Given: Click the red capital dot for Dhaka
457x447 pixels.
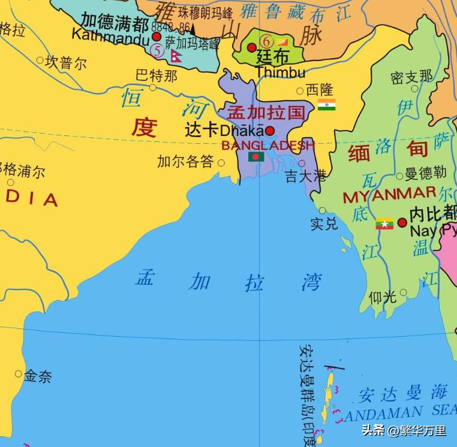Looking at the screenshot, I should coord(270,131).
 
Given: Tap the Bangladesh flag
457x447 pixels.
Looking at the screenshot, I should coord(256,156).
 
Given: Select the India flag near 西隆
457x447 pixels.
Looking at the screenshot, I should coord(327,105).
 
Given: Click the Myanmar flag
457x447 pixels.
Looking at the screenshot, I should coord(384,223).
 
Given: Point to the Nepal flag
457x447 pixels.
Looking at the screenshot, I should coord(176,56).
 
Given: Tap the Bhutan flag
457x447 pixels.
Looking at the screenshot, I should coord(283,42).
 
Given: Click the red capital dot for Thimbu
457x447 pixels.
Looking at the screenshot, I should coord(252,47).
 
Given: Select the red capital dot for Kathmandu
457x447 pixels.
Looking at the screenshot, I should coord(157,37).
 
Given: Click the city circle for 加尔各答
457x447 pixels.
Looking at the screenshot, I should coord(221,162).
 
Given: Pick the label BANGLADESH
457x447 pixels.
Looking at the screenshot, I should coord(267,145).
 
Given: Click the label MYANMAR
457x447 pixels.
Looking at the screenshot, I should coord(389,195).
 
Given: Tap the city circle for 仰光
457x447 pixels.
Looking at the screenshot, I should coord(403,293).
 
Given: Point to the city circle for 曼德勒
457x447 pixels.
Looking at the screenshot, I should coord(399,176).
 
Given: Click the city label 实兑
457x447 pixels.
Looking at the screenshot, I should coord(324,224).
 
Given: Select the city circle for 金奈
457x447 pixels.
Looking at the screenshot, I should coord(18,374).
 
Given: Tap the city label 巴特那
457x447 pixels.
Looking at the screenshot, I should coord(156,75).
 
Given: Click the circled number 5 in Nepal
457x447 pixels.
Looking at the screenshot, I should coord(157,52).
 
